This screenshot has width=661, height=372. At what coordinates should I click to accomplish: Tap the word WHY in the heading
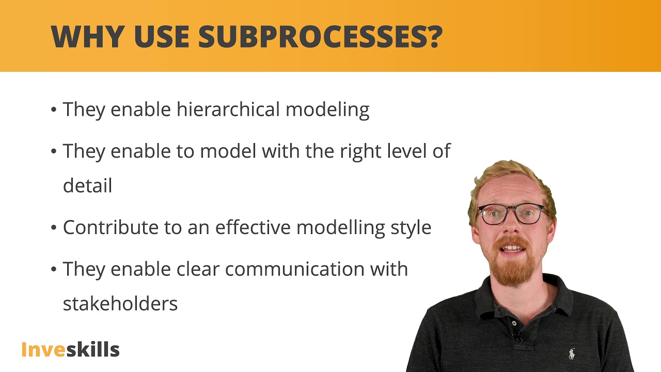tap(87, 36)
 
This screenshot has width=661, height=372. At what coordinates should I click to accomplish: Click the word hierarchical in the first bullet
tap(228, 110)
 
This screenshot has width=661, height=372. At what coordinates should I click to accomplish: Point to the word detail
tap(87, 185)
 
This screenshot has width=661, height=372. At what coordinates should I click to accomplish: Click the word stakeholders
tap(120, 303)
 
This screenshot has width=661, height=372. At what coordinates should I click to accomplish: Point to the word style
tap(411, 227)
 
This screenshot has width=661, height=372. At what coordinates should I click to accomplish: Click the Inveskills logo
tap(70, 349)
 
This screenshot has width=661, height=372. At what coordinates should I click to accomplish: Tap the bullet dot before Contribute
tap(54, 228)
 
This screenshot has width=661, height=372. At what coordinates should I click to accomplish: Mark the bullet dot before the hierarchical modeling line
tap(54, 110)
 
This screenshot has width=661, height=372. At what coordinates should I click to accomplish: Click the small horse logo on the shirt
tap(571, 354)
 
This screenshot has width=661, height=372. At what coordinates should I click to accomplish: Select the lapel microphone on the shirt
tap(517, 339)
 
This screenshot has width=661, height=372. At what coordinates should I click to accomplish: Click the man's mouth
tap(512, 249)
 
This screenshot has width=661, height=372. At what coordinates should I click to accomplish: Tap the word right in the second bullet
tap(358, 151)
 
